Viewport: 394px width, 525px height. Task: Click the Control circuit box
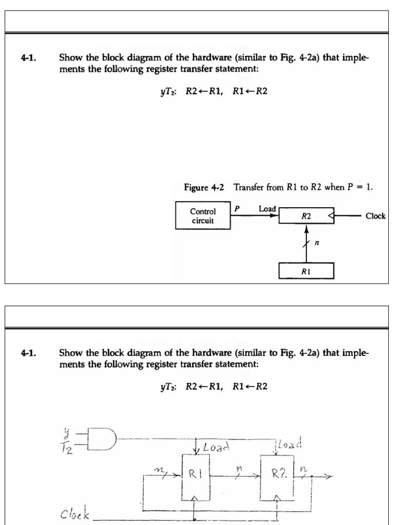(203, 216)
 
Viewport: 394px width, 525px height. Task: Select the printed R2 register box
(306, 216)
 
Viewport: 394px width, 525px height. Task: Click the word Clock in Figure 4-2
(375, 216)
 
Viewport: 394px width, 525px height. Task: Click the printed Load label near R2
(267, 209)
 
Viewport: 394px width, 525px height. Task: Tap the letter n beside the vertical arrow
(317, 244)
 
